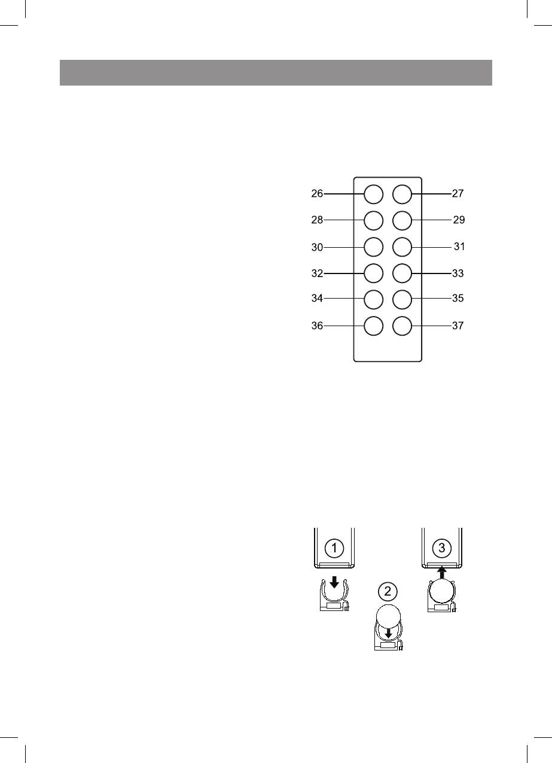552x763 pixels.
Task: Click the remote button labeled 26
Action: point(373,194)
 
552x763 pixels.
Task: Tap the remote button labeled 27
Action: point(402,194)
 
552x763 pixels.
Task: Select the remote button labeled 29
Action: point(402,220)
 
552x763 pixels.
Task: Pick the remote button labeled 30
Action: point(373,247)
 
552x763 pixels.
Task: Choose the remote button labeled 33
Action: point(402,273)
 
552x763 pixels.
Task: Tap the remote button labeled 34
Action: point(373,298)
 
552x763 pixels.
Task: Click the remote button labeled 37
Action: point(402,326)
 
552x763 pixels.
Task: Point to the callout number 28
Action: point(317,220)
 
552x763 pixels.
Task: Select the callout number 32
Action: point(317,273)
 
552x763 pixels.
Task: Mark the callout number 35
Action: point(458,298)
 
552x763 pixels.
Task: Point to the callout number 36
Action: point(317,326)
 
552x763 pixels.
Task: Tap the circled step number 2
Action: point(388,592)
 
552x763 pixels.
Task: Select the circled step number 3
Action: point(441,547)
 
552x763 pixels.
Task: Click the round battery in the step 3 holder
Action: point(441,594)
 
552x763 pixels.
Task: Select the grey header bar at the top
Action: point(276,72)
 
